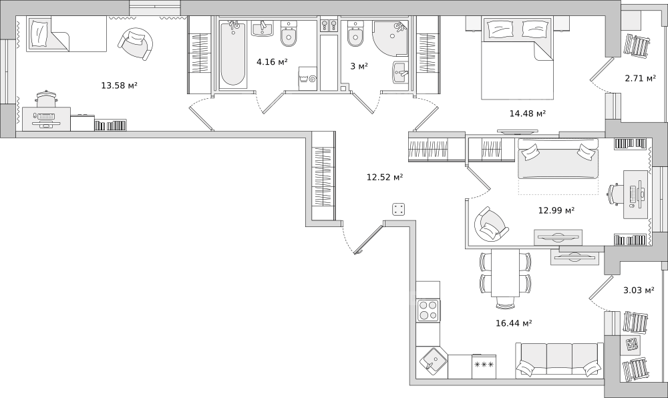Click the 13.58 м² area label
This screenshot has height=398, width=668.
tap(119, 85)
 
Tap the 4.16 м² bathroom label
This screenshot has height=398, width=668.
tap(272, 62)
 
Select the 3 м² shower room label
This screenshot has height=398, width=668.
tap(359, 66)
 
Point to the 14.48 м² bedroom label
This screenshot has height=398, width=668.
tap(528, 114)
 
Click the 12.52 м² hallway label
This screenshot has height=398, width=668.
tap(385, 177)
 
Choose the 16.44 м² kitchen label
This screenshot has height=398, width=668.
tap(514, 323)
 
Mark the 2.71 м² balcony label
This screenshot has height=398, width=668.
tap(641, 78)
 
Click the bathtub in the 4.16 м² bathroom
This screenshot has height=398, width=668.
tap(232, 53)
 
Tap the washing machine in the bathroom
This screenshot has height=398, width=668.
tap(308, 78)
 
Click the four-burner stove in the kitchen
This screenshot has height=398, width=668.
tap(429, 311)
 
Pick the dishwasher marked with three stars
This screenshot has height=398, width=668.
tap(484, 366)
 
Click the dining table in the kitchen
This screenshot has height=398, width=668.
tap(505, 273)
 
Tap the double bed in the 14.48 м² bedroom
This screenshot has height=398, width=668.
tap(517, 58)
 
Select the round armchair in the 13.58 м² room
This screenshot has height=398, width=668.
tap(135, 44)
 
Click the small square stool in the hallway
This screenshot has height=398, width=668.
tap(399, 210)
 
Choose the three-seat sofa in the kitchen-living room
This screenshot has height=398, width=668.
tap(559, 360)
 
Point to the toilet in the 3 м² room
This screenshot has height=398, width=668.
tap(355, 34)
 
